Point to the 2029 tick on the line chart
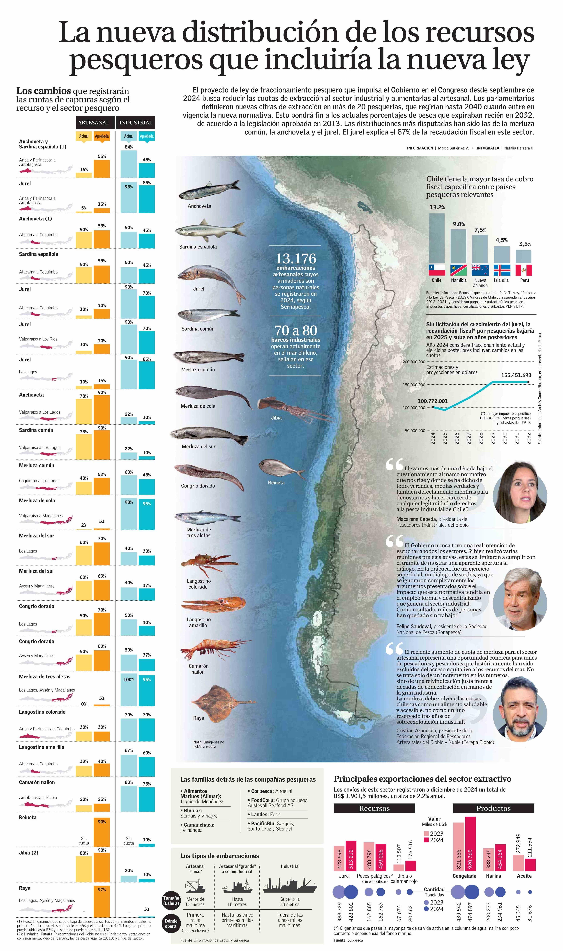pyautogui.click(x=492, y=438)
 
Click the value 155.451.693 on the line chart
pyautogui.click(x=516, y=375)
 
